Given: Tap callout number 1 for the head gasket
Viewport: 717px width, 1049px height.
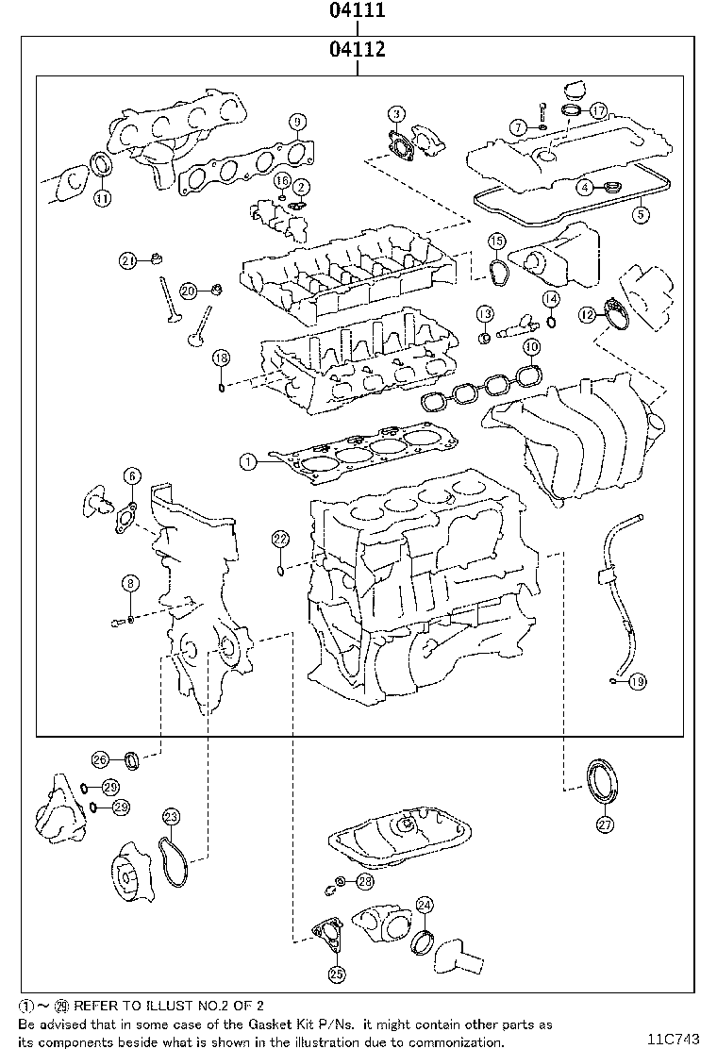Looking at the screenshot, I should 247,462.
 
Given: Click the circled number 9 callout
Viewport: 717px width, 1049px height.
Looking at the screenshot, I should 297,122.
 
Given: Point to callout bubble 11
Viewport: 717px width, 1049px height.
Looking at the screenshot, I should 102,197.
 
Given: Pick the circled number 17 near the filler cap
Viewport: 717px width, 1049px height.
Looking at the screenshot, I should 597,110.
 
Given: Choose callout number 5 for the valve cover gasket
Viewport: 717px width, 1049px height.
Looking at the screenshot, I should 641,214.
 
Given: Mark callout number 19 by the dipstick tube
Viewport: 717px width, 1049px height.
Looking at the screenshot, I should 637,681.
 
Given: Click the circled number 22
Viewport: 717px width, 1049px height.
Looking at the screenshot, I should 280,539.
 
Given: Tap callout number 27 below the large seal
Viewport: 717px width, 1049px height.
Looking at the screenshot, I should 605,824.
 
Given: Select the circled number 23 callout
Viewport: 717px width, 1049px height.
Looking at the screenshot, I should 170,817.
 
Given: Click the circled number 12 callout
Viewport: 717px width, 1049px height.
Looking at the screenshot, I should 587,313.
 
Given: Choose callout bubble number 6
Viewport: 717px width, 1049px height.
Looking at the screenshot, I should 132,476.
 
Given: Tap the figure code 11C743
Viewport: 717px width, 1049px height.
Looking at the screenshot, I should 674,1039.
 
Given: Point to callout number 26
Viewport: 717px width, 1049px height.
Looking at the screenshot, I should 100,758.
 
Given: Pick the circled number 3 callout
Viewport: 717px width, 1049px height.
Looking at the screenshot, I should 397,116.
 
